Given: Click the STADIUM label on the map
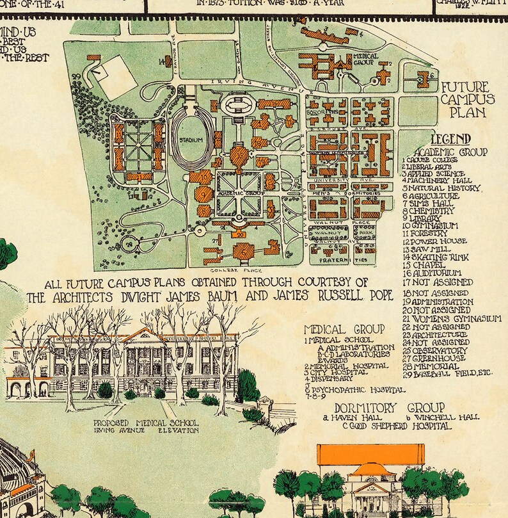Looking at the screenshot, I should (x=191, y=140).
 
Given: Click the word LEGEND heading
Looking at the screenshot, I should (x=450, y=139).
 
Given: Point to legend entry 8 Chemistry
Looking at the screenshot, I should (x=429, y=210).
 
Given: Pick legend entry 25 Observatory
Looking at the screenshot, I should (x=435, y=350).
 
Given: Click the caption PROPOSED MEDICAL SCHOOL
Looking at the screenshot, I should (x=147, y=423).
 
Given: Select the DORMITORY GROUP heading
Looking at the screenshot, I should (x=389, y=407).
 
